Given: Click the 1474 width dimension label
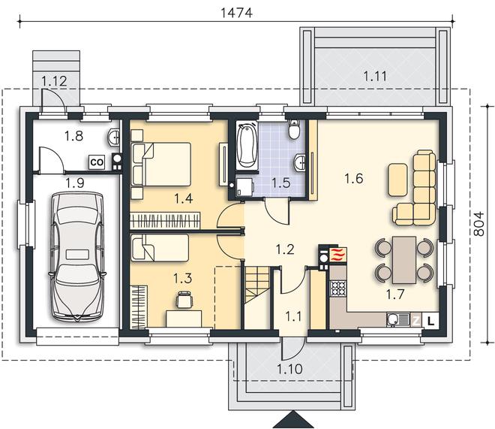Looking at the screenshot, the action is (236, 13).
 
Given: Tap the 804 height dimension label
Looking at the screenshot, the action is (479, 224).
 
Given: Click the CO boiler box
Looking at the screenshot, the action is (97, 162).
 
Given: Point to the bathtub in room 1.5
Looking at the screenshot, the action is (247, 146).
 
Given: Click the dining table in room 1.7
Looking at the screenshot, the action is (404, 260).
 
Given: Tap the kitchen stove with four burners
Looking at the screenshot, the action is (338, 288).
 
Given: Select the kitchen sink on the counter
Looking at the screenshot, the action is (398, 319).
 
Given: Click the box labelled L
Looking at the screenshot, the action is (430, 322).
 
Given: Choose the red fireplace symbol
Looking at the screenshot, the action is (338, 255).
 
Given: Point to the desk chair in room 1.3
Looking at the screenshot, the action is (184, 299).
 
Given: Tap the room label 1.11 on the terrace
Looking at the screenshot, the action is (375, 76).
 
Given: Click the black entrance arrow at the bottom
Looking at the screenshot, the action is (294, 419).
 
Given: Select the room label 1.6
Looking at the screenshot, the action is (353, 179).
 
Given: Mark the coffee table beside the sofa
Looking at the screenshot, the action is (397, 180).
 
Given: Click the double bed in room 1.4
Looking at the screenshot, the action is (161, 164).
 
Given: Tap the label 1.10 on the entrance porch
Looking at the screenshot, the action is (289, 369).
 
